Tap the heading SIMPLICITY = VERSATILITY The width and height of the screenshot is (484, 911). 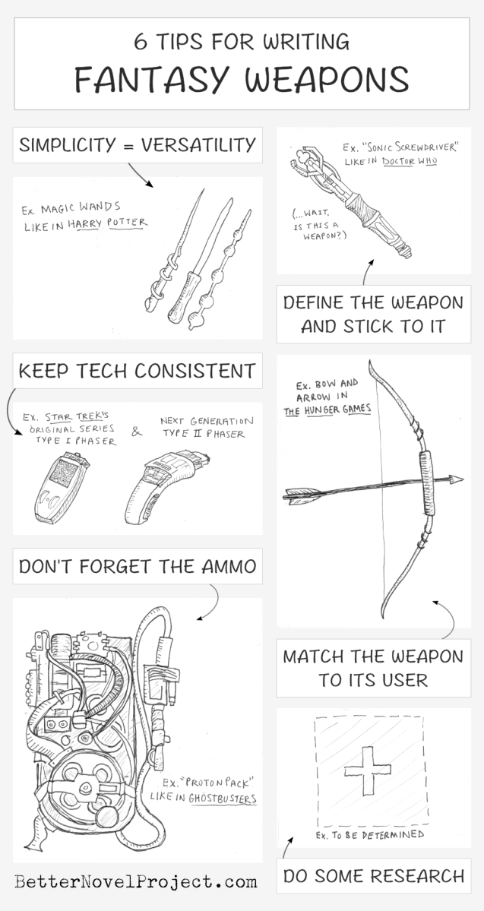[x=137, y=145]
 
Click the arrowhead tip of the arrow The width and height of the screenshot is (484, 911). [x=457, y=480]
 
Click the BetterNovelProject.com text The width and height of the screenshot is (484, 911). [x=135, y=882]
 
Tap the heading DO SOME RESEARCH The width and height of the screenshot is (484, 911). [x=373, y=876]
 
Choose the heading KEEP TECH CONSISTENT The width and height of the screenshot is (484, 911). [x=137, y=371]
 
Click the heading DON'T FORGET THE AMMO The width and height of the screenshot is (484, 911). [x=137, y=566]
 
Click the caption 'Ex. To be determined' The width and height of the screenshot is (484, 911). [x=369, y=835]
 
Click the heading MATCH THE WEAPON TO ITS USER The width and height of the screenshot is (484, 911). [x=373, y=668]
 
